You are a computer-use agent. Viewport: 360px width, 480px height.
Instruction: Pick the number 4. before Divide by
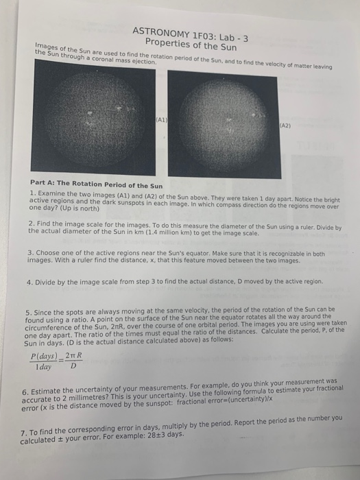coord(32,282)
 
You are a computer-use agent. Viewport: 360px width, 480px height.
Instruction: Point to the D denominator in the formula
coord(77,368)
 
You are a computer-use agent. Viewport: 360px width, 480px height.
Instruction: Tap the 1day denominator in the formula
coord(47,368)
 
